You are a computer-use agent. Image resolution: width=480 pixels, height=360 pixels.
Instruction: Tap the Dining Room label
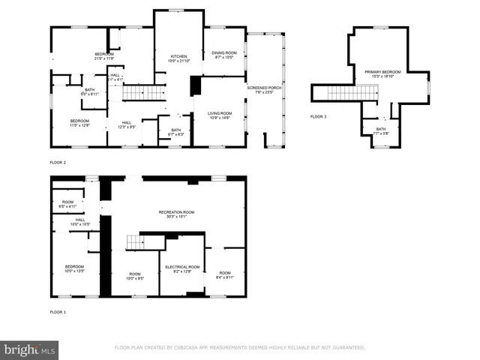click(225, 54)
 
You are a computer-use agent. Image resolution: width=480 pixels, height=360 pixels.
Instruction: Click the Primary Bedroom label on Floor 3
click(382, 73)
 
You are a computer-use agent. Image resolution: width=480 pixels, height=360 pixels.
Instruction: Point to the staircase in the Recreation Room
click(133, 241)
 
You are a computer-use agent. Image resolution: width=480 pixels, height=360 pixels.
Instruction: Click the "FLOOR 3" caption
click(319, 116)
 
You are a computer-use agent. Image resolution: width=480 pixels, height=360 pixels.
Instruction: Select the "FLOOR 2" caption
click(58, 163)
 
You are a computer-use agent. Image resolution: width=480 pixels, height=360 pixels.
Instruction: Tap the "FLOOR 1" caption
click(58, 311)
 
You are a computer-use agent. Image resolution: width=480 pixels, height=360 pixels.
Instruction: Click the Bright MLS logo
click(29, 349)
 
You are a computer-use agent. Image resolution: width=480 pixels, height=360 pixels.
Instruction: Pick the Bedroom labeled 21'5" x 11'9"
click(103, 55)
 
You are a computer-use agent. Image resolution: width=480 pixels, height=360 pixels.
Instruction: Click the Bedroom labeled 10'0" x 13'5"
click(74, 268)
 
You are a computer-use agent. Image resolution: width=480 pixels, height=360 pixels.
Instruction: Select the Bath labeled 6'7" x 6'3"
click(175, 131)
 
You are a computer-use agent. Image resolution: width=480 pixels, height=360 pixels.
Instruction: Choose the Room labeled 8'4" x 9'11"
click(225, 274)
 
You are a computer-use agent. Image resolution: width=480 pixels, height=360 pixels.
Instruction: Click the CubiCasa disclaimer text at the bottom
click(239, 347)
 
